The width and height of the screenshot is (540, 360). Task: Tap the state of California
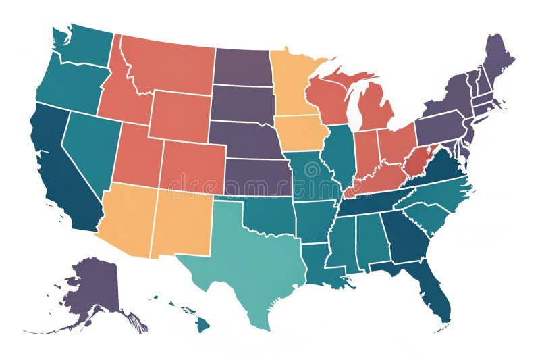(61, 169)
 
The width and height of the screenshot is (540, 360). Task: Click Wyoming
(179, 115)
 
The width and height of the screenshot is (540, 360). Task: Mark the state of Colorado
(192, 166)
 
